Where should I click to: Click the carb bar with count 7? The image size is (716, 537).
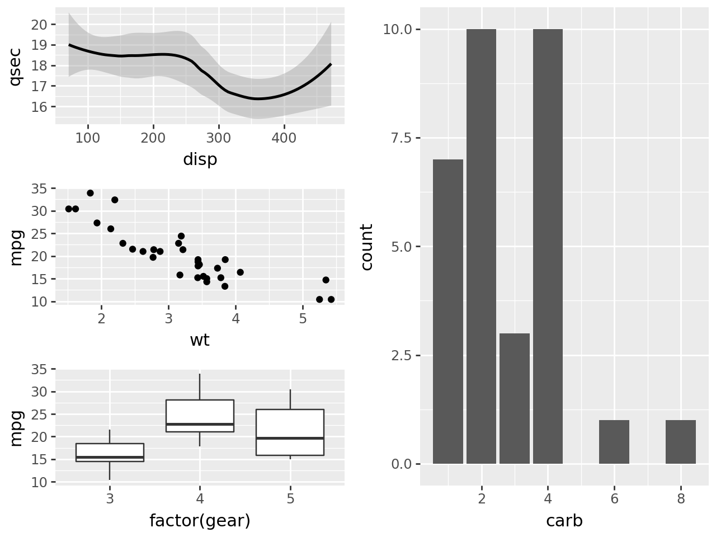(x=447, y=312)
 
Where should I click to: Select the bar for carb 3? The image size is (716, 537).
(x=514, y=398)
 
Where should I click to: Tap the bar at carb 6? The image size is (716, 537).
(x=614, y=442)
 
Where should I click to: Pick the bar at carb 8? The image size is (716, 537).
(x=680, y=442)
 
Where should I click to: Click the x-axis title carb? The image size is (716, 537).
(x=564, y=521)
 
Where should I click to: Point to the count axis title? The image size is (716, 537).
(x=367, y=247)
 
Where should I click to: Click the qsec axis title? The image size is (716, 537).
(x=16, y=66)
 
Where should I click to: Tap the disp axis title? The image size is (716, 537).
(x=200, y=160)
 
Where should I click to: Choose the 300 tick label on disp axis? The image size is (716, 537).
(x=219, y=138)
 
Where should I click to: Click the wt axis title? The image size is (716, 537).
(x=200, y=340)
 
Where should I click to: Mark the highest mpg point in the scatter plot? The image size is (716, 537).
(x=90, y=193)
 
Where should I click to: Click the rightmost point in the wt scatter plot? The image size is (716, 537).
(x=331, y=299)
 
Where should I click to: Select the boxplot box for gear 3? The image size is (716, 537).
(x=110, y=452)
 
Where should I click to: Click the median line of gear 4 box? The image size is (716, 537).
(x=200, y=424)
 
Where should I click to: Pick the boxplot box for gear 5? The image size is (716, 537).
(x=290, y=432)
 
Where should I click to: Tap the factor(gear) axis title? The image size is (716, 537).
(x=200, y=521)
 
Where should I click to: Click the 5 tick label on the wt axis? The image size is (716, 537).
(x=303, y=319)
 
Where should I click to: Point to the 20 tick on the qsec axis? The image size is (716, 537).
(x=40, y=25)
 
